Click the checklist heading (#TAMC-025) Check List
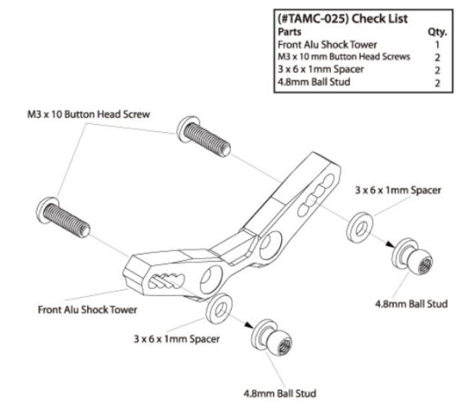click(x=342, y=19)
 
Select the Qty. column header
click(x=437, y=32)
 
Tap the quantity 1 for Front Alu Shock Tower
click(x=437, y=45)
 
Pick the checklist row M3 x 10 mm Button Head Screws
click(x=344, y=57)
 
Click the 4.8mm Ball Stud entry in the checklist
click(x=314, y=82)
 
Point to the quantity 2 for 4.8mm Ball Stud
click(x=437, y=83)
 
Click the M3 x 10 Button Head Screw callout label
click(x=89, y=114)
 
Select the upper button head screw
click(x=204, y=136)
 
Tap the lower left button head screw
click(x=63, y=217)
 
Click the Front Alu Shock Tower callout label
click(x=87, y=310)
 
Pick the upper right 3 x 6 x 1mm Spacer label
click(x=398, y=190)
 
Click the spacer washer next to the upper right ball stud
click(x=359, y=227)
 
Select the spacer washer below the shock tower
click(x=219, y=309)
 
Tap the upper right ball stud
click(x=412, y=257)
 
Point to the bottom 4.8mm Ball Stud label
click(x=280, y=393)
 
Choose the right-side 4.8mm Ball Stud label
click(x=411, y=304)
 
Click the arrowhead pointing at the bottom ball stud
click(x=249, y=325)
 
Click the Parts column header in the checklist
click(x=290, y=31)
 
